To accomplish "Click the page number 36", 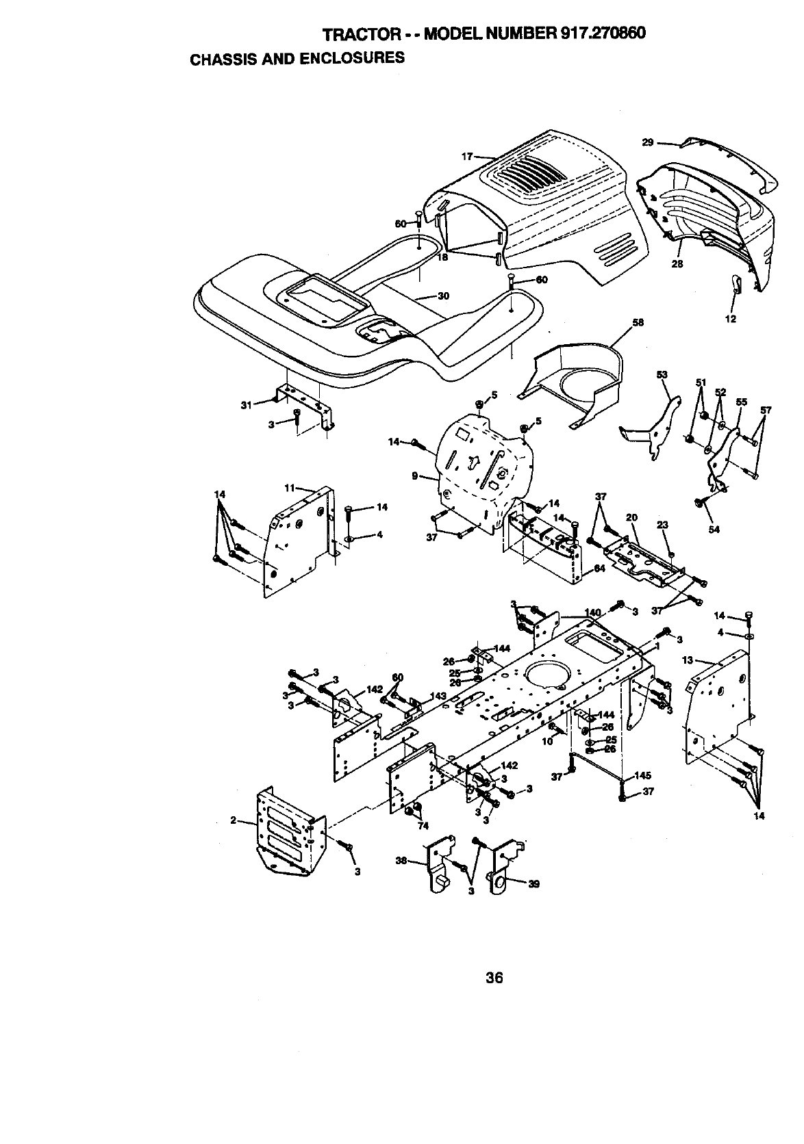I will click(x=494, y=978).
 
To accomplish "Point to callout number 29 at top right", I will click(x=647, y=142).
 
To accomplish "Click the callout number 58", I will click(x=638, y=323).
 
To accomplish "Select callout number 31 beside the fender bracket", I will click(x=247, y=404).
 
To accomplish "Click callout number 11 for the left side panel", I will click(x=289, y=488).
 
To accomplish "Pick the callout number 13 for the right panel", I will click(x=688, y=660).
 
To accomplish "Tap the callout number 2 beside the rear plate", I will click(x=233, y=820).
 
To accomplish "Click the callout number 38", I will click(x=402, y=861).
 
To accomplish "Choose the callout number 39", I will click(x=534, y=883).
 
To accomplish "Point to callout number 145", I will click(x=642, y=775).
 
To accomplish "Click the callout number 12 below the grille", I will click(x=731, y=319).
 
